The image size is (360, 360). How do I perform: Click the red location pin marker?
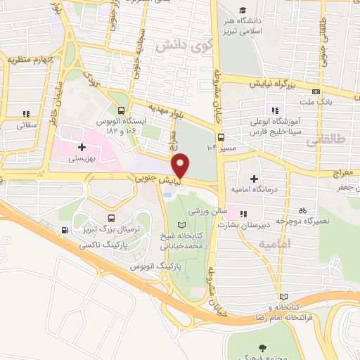[x=181, y=165]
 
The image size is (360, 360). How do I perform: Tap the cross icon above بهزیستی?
[x=83, y=148]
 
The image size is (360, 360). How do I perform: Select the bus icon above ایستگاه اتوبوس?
[x=122, y=110]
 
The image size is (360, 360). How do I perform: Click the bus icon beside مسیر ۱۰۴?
[x=221, y=137]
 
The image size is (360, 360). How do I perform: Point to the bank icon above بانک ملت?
[x=317, y=91]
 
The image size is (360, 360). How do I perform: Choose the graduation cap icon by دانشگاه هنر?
[x=243, y=11]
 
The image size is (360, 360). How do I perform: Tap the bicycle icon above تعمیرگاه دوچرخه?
[x=302, y=210]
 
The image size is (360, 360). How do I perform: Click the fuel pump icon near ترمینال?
[x=65, y=230]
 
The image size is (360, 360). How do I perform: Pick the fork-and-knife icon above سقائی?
[x=27, y=113]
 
